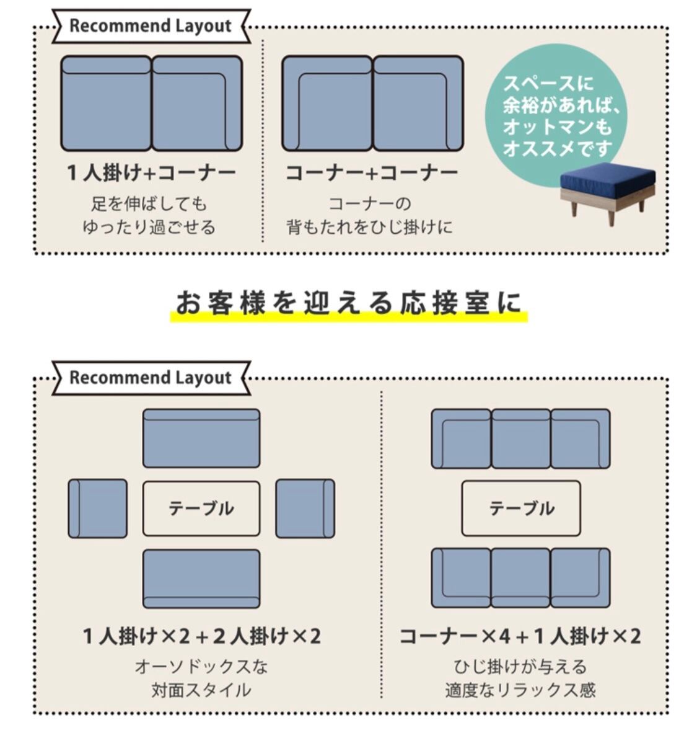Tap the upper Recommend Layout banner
click(151, 26)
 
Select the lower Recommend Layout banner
click(151, 378)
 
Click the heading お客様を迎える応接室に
click(349, 303)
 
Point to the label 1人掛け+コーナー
click(152, 173)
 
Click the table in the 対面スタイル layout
click(201, 509)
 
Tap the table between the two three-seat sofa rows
click(521, 508)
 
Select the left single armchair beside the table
click(97, 509)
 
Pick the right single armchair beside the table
click(305, 509)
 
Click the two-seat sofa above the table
click(201, 438)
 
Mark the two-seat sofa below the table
click(201, 579)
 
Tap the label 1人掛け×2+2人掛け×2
click(202, 636)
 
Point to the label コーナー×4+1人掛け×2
click(520, 636)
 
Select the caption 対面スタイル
click(201, 690)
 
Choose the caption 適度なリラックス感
click(520, 690)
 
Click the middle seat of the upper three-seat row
click(521, 438)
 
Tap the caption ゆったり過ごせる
click(149, 227)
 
